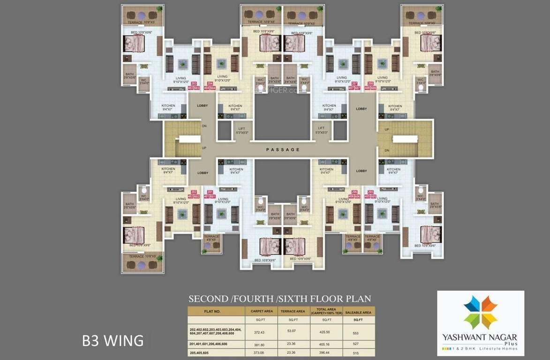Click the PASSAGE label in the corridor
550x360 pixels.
[283, 150]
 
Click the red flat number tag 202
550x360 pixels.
[191, 192]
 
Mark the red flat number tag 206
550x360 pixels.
[355, 192]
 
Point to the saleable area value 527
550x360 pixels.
[358, 344]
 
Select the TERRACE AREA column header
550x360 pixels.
[293, 311]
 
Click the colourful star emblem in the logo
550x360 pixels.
[480, 312]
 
